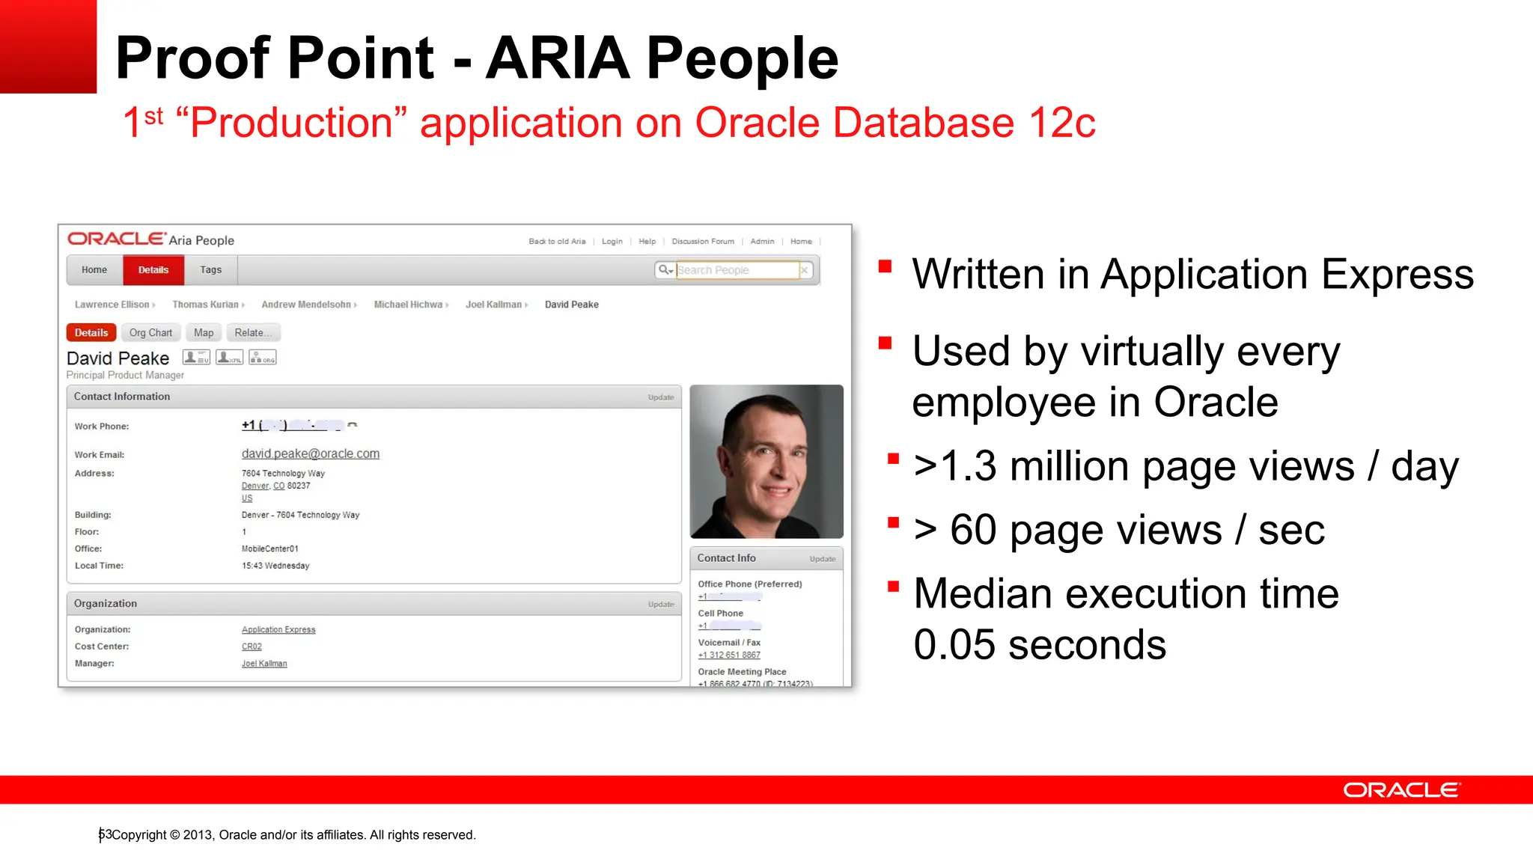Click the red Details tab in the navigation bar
pyautogui.click(x=153, y=270)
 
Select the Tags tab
pyautogui.click(x=211, y=270)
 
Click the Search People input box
pyautogui.click(x=737, y=270)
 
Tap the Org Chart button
pyautogui.click(x=150, y=333)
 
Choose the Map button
pyautogui.click(x=204, y=333)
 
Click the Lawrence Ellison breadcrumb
pyautogui.click(x=112, y=305)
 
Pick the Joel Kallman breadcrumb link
pyautogui.click(x=493, y=305)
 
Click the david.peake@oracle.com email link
pyautogui.click(x=310, y=453)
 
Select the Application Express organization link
pyautogui.click(x=278, y=630)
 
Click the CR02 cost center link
pyautogui.click(x=252, y=646)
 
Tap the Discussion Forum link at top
pyautogui.click(x=703, y=242)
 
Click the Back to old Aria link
pyautogui.click(x=557, y=242)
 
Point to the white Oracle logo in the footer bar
pyautogui.click(x=1401, y=790)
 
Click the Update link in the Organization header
pyautogui.click(x=661, y=605)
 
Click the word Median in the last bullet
pyautogui.click(x=990, y=594)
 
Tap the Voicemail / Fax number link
pyautogui.click(x=729, y=655)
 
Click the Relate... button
pyautogui.click(x=252, y=333)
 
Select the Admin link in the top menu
pyautogui.click(x=762, y=242)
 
